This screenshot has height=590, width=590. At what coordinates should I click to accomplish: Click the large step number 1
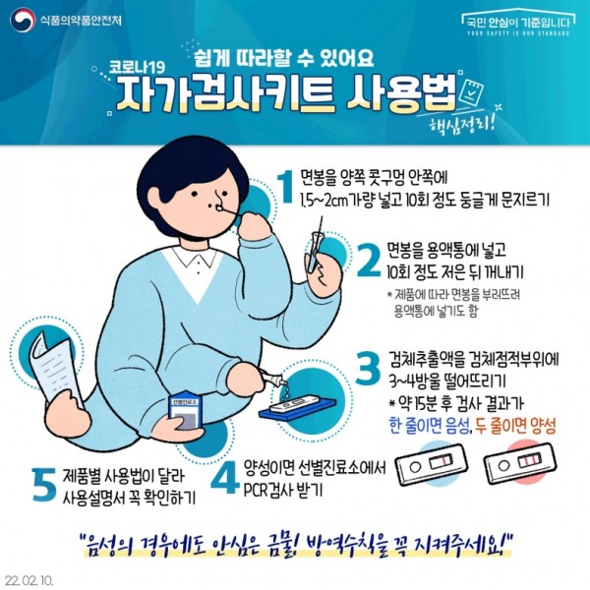pos(287,186)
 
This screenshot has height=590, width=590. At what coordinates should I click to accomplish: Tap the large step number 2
pos(369,261)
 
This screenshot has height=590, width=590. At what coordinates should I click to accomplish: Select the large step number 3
pos(368,369)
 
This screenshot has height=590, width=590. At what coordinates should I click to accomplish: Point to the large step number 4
pos(224,477)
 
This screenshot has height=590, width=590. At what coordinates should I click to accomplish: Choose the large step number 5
pos(44,484)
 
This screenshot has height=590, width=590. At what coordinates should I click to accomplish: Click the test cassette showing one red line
pos(432,464)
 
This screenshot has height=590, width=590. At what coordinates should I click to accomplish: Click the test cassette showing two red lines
pos(520,463)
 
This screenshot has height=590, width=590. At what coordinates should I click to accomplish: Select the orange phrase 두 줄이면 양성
pos(515,427)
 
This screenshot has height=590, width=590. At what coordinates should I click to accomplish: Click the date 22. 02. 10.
pos(29,580)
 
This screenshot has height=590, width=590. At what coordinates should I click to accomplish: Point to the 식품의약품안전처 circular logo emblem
pos(23,21)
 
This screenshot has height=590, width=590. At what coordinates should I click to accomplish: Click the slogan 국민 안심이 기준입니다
pos(518,23)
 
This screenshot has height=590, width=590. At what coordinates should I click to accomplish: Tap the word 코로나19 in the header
pos(137,68)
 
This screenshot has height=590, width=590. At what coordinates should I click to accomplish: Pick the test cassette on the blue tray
pos(297,405)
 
